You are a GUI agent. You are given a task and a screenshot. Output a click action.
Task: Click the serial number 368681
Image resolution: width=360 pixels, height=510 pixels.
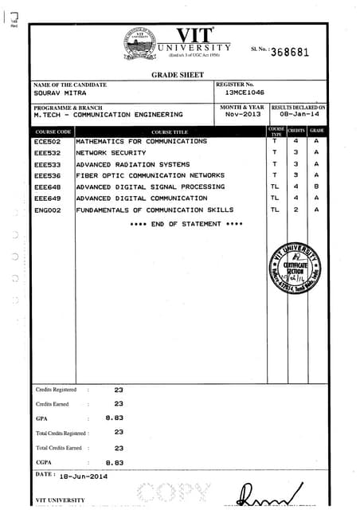[290, 53]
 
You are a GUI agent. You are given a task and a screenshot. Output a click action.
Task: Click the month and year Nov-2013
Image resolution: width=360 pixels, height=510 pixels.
[241, 115]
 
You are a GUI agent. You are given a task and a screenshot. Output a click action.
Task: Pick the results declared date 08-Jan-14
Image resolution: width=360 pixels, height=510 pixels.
[298, 115]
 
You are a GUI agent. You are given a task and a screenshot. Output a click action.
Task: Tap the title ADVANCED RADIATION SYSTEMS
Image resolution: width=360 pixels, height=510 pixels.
[133, 163]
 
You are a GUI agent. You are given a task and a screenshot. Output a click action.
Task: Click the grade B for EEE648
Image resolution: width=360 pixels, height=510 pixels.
[316, 186]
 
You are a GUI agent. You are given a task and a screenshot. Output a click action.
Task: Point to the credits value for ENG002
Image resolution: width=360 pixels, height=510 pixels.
[295, 210]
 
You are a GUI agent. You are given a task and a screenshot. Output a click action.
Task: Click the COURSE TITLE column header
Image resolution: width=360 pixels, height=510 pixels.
[169, 131]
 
